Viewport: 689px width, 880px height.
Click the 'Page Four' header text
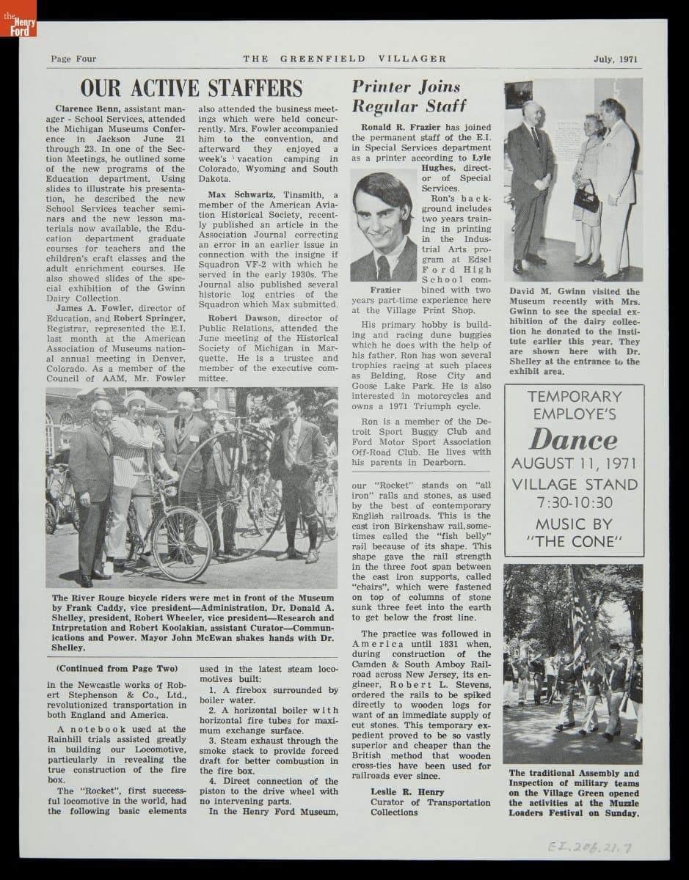(73, 59)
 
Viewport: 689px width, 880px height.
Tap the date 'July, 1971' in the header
(616, 59)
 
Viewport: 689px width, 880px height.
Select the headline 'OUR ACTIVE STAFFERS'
(191, 88)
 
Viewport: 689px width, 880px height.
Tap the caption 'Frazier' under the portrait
(384, 290)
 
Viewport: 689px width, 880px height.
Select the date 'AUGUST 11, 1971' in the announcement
(574, 463)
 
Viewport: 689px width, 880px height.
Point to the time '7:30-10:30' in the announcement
(574, 503)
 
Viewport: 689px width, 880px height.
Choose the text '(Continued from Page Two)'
(117, 669)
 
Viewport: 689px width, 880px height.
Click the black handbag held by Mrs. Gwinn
(586, 199)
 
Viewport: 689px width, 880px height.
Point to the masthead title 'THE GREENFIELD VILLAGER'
(344, 59)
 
